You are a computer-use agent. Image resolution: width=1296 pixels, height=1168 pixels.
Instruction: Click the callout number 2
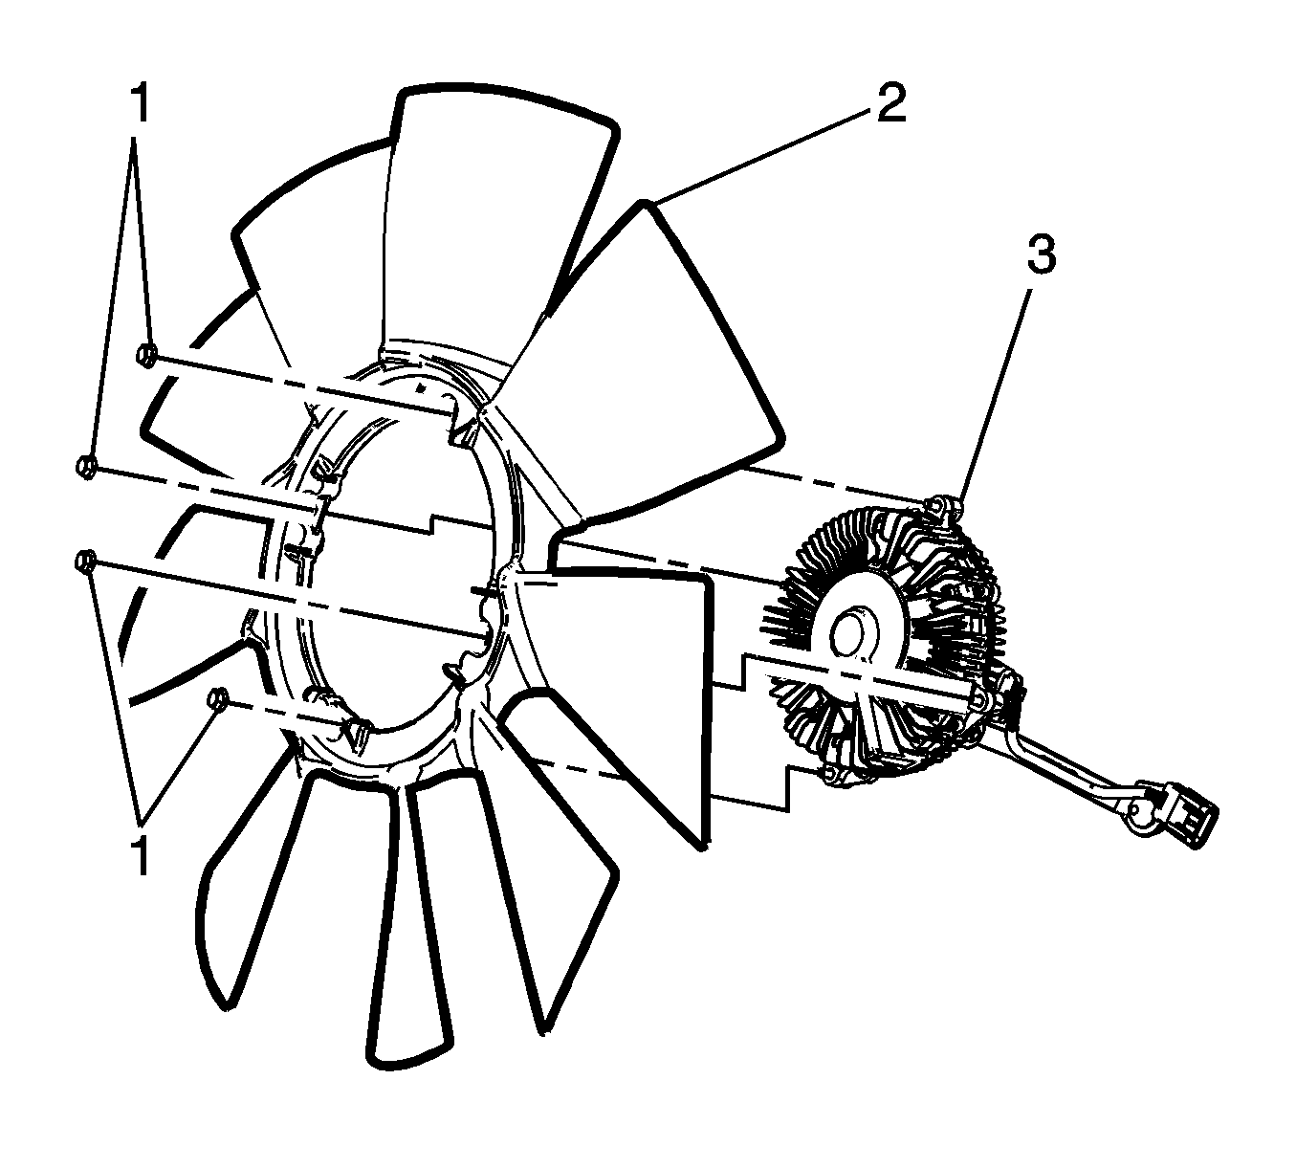(x=890, y=102)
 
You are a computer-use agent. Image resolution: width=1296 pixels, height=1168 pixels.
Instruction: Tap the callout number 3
(x=1041, y=254)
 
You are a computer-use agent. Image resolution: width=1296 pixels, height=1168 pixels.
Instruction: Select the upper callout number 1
(x=141, y=103)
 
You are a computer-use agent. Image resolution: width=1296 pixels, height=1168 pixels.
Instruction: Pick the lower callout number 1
(x=142, y=855)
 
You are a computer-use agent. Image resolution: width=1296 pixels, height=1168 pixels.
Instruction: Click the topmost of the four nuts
(x=147, y=355)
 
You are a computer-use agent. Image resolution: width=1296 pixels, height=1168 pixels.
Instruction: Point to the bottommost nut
(x=217, y=699)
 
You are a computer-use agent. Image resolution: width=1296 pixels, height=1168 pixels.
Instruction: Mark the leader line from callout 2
(x=760, y=156)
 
